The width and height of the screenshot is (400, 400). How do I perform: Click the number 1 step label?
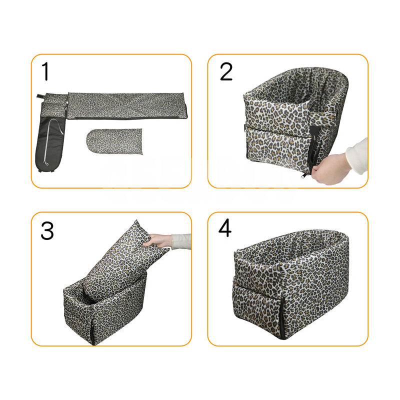[x=46, y=71]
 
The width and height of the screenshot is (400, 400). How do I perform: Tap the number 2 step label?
[x=226, y=71]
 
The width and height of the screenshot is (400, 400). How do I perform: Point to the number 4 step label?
[x=225, y=228]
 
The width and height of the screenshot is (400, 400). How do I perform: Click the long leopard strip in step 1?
[x=127, y=105]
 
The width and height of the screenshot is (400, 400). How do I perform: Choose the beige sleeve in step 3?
[x=181, y=241]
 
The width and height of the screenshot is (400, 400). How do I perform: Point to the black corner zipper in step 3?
[x=92, y=330]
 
